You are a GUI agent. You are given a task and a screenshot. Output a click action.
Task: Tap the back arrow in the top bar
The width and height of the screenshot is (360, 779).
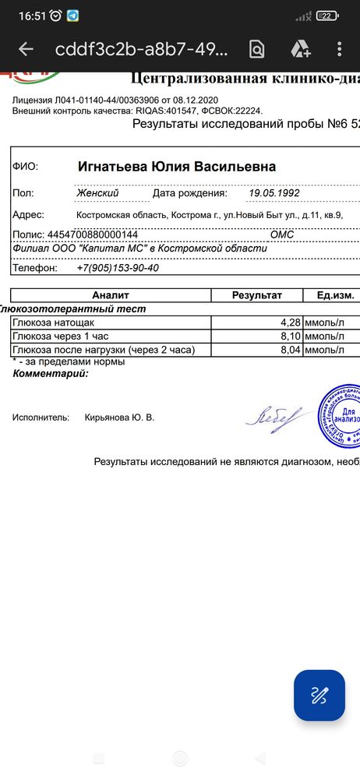pos(26,49)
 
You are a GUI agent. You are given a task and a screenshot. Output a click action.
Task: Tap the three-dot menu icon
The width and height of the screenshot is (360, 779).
pos(339,49)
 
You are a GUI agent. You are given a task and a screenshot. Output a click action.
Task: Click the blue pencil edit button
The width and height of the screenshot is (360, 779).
pos(319,695)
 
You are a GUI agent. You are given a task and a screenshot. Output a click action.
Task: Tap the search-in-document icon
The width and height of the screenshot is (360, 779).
pos(256,49)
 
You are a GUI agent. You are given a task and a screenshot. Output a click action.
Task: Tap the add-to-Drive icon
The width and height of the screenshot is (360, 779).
pos(301,49)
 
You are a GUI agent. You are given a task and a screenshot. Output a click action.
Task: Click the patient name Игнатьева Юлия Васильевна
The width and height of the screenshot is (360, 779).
pos(176,167)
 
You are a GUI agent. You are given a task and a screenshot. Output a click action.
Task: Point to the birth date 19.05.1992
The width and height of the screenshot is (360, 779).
pos(274,192)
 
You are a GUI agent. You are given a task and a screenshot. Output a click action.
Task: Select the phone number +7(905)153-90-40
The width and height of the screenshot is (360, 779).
pos(118,267)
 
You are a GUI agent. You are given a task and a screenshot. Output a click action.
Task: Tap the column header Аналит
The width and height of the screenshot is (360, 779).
pos(111,295)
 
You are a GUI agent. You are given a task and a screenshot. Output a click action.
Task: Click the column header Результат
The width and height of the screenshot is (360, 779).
pos(257,295)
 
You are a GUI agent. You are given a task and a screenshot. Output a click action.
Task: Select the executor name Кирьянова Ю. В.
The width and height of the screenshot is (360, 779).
pos(119,418)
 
